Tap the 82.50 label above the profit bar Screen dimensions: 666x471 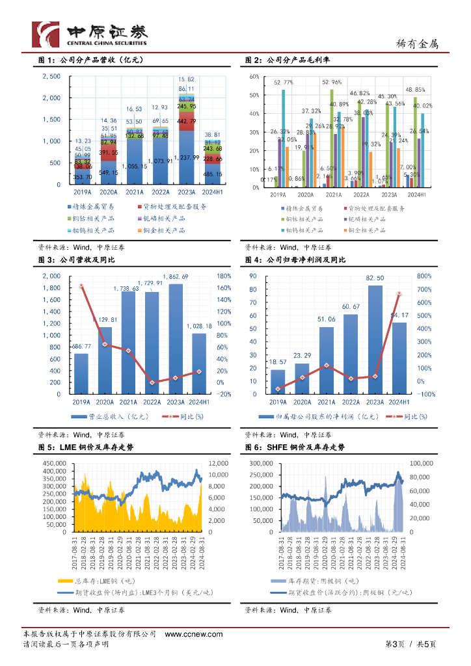coord(375,278)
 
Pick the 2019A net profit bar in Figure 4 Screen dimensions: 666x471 coord(278,381)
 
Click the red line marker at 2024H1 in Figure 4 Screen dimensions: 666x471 coord(399,294)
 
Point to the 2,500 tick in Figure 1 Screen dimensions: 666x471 coord(51,77)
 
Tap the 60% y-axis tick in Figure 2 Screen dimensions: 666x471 coord(254,77)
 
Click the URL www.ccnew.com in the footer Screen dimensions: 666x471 coord(191,634)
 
